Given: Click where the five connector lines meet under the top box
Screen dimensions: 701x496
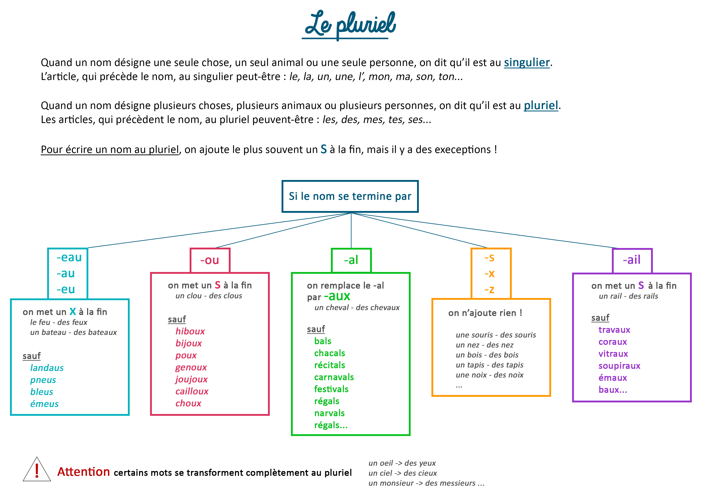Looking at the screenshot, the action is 351,213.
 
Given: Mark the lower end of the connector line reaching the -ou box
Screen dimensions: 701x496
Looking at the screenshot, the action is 216,248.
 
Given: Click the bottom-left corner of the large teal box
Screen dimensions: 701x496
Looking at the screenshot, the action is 11,415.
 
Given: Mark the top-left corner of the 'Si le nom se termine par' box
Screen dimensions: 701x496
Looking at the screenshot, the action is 282,181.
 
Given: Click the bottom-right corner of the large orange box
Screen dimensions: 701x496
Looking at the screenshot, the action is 550,396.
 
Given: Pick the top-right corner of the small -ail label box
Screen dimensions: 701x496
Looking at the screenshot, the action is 652,249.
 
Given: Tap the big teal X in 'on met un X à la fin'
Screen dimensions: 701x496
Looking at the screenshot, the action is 73,311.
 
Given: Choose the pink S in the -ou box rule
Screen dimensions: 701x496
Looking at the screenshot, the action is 218,285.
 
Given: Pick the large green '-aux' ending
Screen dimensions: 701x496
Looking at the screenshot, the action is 337,296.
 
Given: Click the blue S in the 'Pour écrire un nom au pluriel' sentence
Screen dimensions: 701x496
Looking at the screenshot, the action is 324,149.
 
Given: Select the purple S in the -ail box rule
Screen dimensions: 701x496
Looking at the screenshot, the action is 641,285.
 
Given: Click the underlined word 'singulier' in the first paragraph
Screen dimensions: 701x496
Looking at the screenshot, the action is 527,62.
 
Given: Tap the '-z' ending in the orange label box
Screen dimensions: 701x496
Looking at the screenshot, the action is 489,289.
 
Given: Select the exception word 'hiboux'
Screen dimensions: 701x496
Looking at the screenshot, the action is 190,331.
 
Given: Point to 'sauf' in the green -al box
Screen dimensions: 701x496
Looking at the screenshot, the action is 316,329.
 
